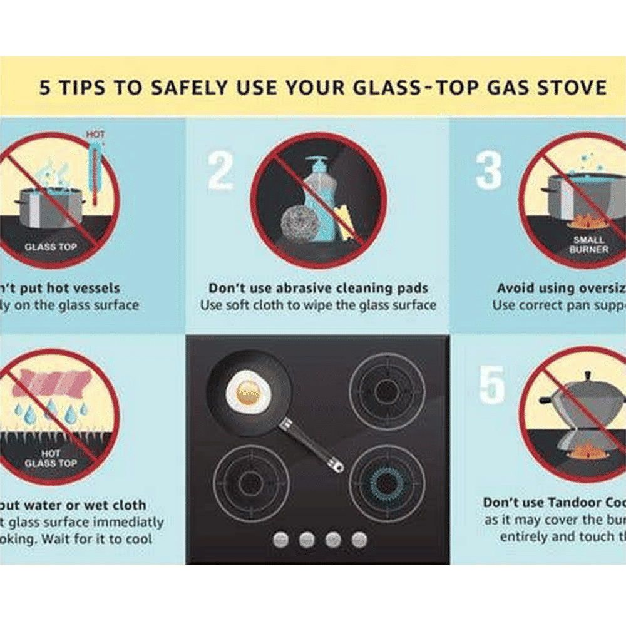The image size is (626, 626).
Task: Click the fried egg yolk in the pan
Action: pos(249,393)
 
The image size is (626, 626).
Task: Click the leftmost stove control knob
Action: pos(281,540)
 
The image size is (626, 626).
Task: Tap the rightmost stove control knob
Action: pos(359,540)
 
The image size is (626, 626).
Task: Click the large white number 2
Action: pos(220,171)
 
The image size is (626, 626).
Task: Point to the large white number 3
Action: pos(489,171)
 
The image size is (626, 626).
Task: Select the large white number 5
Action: pos(492,384)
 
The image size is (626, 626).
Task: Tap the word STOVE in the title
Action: pos(569,86)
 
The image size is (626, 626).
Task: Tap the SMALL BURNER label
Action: pos(588,244)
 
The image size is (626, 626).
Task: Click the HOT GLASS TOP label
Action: pos(51,458)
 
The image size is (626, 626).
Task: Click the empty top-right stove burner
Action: pos(387,391)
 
